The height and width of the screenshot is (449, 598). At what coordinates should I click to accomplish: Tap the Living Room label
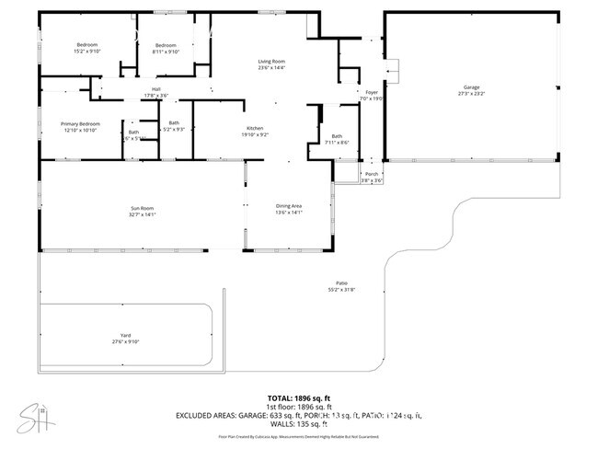(270, 61)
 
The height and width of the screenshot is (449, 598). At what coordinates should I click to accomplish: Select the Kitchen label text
(255, 128)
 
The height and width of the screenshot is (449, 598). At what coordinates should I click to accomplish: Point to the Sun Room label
(142, 209)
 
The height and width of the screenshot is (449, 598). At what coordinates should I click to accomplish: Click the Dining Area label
(290, 206)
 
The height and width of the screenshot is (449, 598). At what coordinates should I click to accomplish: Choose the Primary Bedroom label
(80, 123)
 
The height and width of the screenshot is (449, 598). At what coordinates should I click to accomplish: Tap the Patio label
(340, 282)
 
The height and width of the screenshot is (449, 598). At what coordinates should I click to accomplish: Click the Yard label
(125, 336)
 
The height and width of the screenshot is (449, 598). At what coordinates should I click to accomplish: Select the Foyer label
(372, 92)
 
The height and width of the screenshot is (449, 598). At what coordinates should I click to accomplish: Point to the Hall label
(156, 89)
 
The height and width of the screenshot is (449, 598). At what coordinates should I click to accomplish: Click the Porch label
(372, 174)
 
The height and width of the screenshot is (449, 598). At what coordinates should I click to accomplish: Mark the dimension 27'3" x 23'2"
(471, 94)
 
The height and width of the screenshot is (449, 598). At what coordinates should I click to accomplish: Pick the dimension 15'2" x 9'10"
(87, 52)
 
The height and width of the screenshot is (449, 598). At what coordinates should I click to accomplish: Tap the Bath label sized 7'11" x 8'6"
(337, 136)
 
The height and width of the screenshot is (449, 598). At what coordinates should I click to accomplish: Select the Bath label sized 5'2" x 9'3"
(174, 123)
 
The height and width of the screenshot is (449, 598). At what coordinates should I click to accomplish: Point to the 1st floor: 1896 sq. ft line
(298, 406)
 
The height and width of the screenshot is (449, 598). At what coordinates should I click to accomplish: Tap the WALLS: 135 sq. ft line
(298, 424)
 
